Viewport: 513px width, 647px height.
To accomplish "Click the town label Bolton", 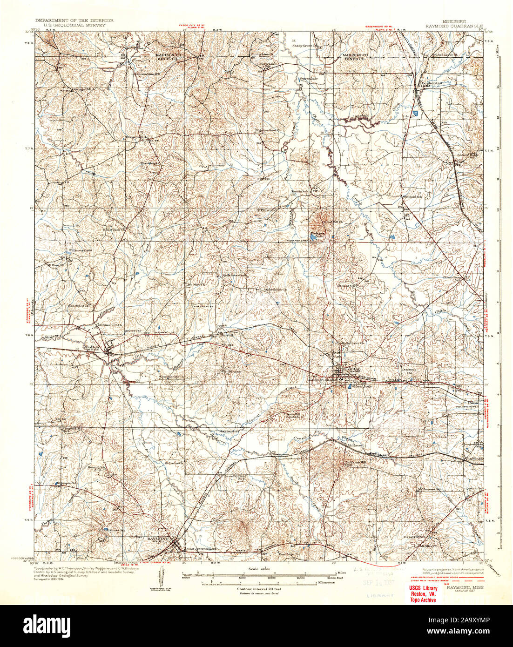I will point(91,347).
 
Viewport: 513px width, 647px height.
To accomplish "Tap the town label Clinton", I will point(353,369).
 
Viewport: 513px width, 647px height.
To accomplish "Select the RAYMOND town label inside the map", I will point(157,539).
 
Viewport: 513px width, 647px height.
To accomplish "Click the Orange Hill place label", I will point(82,89).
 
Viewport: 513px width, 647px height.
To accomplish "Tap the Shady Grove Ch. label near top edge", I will point(304,46).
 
